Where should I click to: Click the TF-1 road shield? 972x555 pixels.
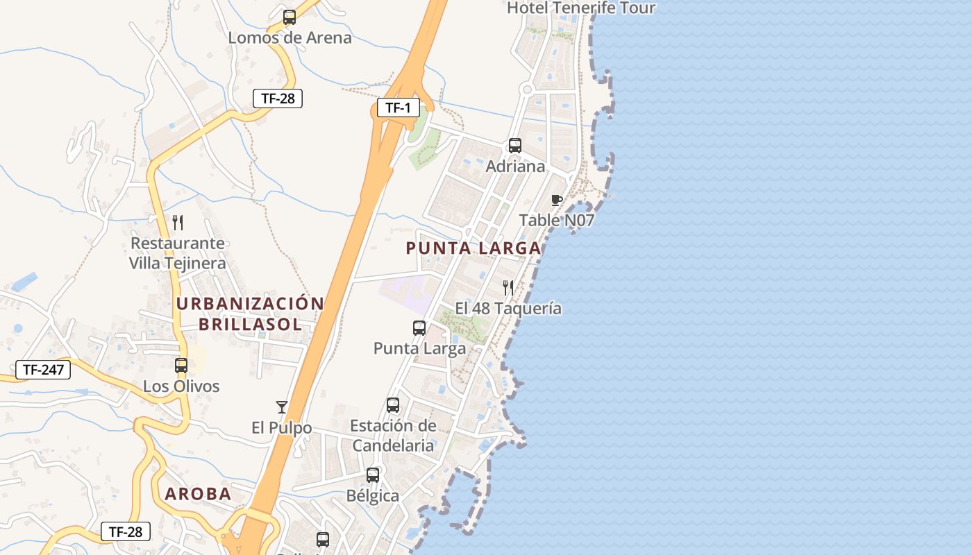pos(399,108)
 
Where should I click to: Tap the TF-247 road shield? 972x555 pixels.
pos(43,370)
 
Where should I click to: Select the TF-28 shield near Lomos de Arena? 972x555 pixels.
pos(278,99)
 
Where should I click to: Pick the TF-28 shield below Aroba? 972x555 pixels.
pos(126,532)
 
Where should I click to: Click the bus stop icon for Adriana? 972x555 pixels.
pos(515,146)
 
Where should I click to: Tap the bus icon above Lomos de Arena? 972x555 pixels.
pos(290,17)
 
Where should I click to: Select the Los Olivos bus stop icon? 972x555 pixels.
pos(181,366)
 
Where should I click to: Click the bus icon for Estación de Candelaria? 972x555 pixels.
pos(393,405)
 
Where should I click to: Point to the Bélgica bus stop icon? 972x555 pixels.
pos(373,475)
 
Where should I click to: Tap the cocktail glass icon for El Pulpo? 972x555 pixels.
pos(281,407)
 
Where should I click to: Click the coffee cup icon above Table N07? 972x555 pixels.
pos(556,200)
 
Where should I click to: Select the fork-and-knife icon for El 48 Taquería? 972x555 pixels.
pos(508,288)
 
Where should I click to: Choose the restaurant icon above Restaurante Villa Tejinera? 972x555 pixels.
pos(178,223)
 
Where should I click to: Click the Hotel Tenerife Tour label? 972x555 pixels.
pos(581,8)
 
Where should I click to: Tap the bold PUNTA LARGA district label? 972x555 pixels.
pos(474,248)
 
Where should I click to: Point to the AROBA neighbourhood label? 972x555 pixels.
pos(198,494)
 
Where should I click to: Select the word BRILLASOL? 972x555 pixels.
pos(250,324)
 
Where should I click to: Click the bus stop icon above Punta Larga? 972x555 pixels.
pos(419,328)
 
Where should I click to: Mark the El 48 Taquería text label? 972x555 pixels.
pos(508,308)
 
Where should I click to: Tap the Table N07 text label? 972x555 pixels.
pos(557,221)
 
